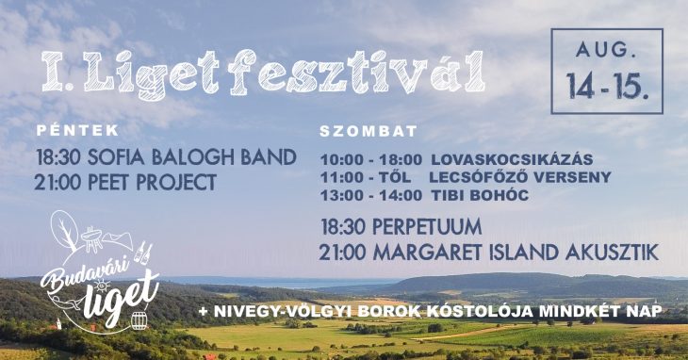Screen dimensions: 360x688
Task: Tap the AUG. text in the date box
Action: point(607,50)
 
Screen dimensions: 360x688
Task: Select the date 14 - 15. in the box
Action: point(607,87)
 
